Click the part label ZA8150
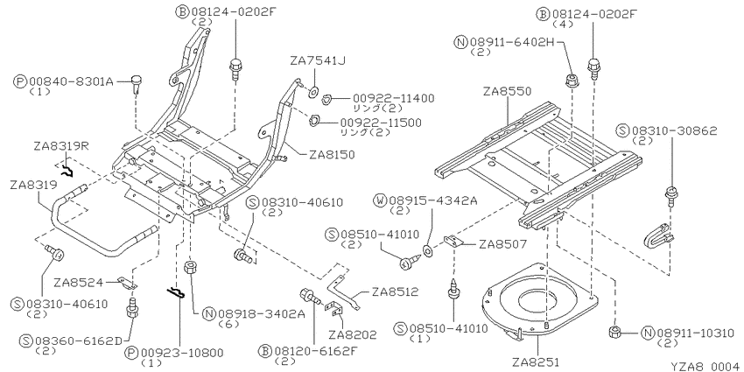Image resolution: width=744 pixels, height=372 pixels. pyautogui.click(x=332, y=155)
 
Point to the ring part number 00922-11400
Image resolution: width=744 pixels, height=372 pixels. pyautogui.click(x=393, y=99)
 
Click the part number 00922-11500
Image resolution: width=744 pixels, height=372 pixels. pyautogui.click(x=380, y=123)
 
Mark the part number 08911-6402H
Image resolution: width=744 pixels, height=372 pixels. pyautogui.click(x=512, y=43)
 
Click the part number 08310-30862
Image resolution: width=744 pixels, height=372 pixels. pyautogui.click(x=674, y=130)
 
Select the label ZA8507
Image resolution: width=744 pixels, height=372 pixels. pyautogui.click(x=502, y=244)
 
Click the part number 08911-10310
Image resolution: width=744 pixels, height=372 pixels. pyautogui.click(x=694, y=333)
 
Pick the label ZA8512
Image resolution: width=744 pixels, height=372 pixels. pyautogui.click(x=395, y=291)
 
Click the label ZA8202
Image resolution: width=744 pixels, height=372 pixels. pyautogui.click(x=353, y=335)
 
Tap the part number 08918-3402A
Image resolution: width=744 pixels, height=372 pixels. pyautogui.click(x=259, y=313)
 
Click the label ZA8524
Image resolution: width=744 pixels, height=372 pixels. pyautogui.click(x=78, y=283)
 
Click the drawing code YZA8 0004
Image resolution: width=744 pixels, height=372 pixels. pyautogui.click(x=706, y=366)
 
